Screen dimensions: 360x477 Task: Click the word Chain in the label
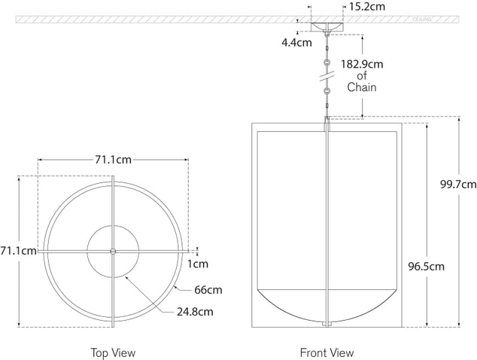coord(362,88)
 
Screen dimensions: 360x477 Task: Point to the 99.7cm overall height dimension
coord(457,184)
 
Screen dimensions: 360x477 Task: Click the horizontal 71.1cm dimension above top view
coord(112,160)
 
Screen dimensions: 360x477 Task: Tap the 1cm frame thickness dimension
coord(198,264)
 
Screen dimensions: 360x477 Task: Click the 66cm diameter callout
coord(209,290)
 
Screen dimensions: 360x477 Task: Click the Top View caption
coord(113,352)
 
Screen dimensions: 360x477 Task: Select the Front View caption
coord(327,352)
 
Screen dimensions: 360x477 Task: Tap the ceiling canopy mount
coord(327,28)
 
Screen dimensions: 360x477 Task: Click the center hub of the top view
coord(112,251)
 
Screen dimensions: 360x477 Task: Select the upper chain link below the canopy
coord(327,61)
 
